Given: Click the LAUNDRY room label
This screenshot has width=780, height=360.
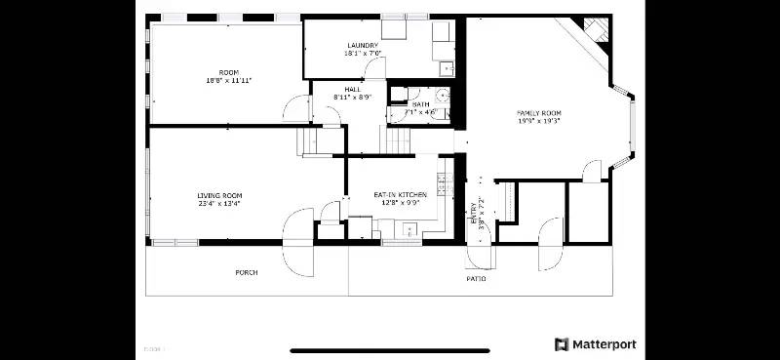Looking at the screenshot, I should pyautogui.click(x=363, y=46).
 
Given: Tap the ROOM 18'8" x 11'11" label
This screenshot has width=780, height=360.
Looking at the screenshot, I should pyautogui.click(x=228, y=72).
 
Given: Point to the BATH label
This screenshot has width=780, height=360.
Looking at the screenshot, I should pyautogui.click(x=421, y=104).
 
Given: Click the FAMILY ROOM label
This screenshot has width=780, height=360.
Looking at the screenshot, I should pyautogui.click(x=539, y=113).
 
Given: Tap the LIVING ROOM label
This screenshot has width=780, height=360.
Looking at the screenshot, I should pyautogui.click(x=219, y=195).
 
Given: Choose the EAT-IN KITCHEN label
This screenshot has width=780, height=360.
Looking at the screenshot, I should pyautogui.click(x=401, y=195).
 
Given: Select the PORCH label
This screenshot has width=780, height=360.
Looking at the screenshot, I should pyautogui.click(x=247, y=272).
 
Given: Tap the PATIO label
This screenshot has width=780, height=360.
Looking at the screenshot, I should pyautogui.click(x=476, y=279).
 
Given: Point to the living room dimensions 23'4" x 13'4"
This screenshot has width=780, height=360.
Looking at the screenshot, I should pyautogui.click(x=219, y=204).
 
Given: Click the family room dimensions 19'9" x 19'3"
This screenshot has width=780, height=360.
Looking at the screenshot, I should pyautogui.click(x=539, y=122).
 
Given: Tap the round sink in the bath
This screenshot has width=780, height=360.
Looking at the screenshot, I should pyautogui.click(x=441, y=96).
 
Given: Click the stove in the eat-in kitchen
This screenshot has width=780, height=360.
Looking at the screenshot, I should pyautogui.click(x=442, y=182).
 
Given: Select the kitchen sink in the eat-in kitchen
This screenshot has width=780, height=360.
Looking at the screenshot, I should pyautogui.click(x=409, y=230).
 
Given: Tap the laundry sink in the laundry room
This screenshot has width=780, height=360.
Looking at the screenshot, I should pyautogui.click(x=445, y=67).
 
